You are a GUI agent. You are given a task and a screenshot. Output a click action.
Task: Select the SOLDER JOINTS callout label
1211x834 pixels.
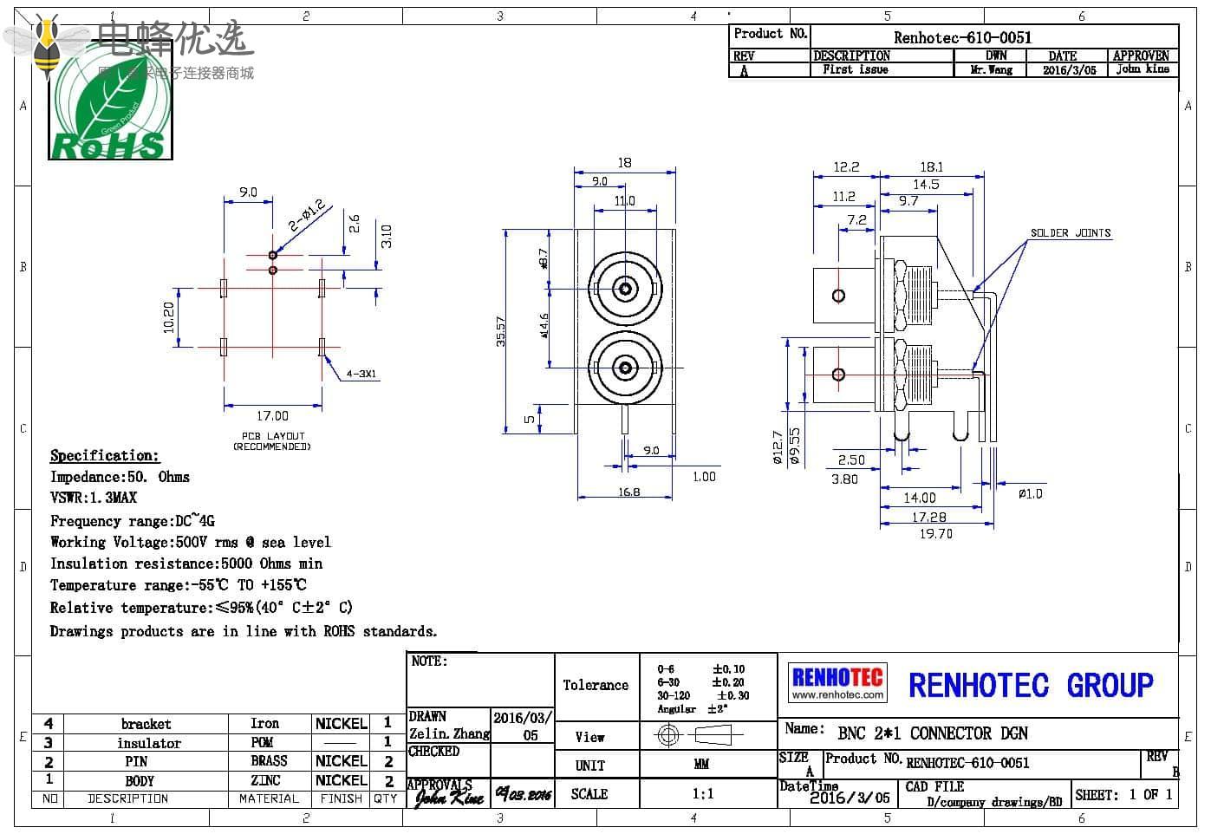tap(1070, 233)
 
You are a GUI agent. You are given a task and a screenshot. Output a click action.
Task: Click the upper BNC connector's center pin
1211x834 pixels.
tap(625, 287)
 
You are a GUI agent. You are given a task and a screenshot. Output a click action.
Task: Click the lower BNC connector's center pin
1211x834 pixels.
tap(625, 368)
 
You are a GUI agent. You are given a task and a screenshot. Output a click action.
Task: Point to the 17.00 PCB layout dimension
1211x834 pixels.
tap(272, 416)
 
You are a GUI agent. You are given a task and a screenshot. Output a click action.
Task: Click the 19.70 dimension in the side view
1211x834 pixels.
tap(935, 534)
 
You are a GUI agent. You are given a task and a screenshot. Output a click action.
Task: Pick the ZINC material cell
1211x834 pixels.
tap(265, 780)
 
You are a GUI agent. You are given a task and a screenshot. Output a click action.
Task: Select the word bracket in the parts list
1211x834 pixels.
tap(146, 724)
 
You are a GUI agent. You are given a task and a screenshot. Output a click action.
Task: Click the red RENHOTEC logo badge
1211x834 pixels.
tap(837, 682)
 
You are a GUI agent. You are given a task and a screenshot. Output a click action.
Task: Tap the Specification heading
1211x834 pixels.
tap(104, 456)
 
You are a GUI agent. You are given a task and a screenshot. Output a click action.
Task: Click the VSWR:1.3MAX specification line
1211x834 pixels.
tap(94, 498)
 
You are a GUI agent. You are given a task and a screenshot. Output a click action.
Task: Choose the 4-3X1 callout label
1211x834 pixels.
tap(361, 375)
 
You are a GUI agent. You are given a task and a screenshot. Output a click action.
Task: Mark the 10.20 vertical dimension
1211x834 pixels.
tap(169, 316)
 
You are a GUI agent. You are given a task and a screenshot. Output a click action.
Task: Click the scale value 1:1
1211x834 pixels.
tap(702, 793)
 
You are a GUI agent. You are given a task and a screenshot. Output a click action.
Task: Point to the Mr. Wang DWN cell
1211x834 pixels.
tap(992, 70)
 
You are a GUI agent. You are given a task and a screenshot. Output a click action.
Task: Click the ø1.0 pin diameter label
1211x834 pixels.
tap(1030, 493)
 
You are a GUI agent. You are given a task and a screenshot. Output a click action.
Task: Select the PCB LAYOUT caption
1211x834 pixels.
tap(272, 441)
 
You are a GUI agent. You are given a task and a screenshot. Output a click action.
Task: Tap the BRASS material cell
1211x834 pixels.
tap(269, 761)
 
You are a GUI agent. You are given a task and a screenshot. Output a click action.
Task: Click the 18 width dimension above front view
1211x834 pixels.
tap(624, 162)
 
